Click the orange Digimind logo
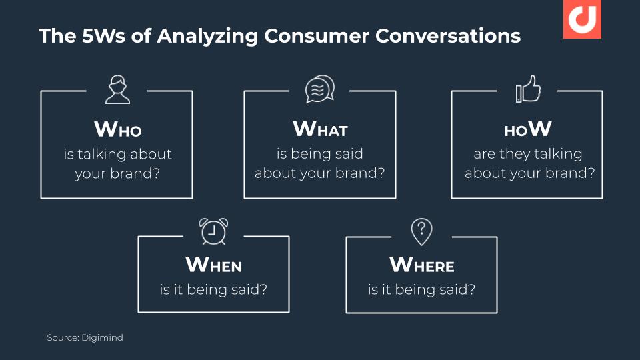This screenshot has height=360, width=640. coord(582,19)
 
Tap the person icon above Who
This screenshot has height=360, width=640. coord(117,89)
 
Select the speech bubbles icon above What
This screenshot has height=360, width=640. coord(320,89)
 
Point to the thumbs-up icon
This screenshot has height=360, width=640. coord(528,89)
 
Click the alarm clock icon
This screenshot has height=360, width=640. coord(213,231)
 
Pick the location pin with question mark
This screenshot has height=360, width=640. coord(421,232)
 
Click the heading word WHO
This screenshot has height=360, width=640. coord(118,129)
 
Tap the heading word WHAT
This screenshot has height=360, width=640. coord(320,129)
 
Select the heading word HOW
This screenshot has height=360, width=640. coord(528,129)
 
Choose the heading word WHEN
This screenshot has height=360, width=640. coord(213,265)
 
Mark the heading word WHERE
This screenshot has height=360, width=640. coord(421,265)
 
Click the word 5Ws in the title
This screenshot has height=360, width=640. coord(104,35)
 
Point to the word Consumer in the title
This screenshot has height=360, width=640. coord(317,35)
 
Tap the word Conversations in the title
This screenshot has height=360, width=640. coord(448,35)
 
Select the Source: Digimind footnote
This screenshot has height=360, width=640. coord(85,337)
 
